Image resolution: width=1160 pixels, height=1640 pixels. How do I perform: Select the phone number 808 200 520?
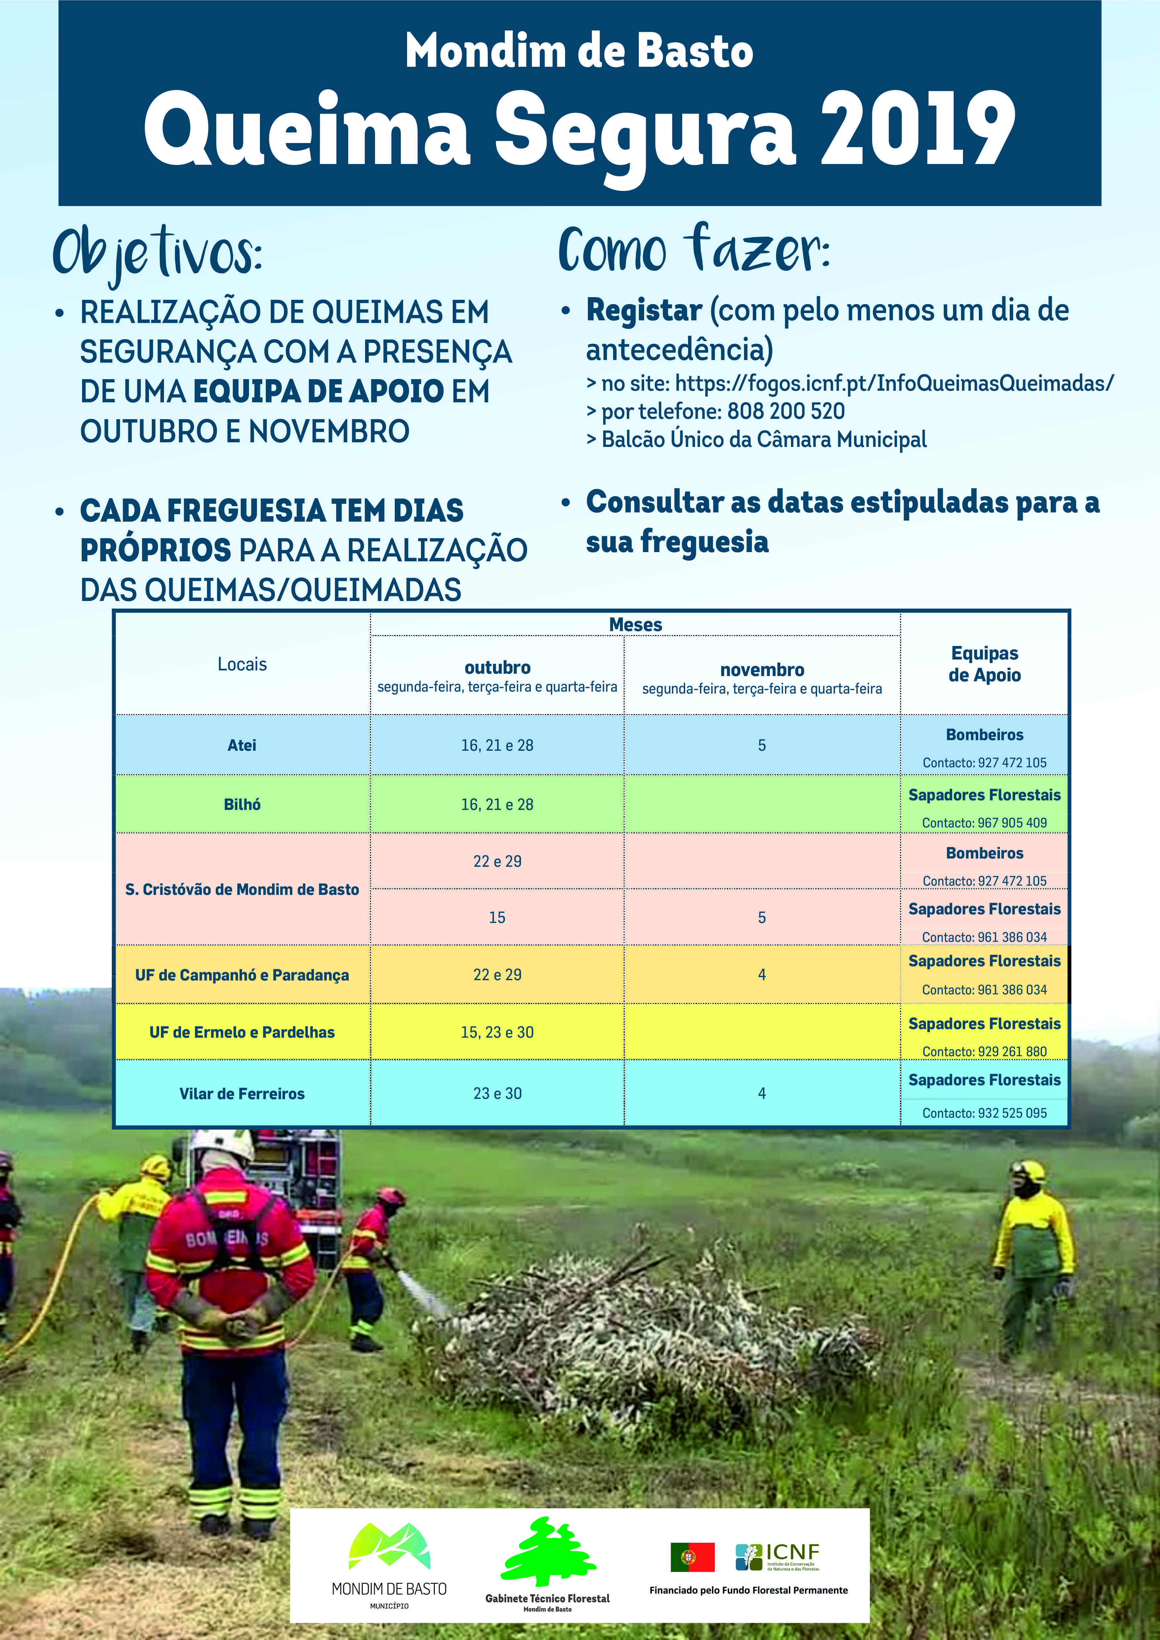[786, 412]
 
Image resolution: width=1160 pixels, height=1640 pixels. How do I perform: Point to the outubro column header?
[497, 668]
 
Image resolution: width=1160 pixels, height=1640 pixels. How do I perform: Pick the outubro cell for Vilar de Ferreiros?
[497, 1094]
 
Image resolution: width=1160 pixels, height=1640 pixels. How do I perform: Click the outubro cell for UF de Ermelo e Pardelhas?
[497, 1032]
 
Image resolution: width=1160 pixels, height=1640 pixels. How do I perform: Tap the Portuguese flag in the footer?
[692, 1557]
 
